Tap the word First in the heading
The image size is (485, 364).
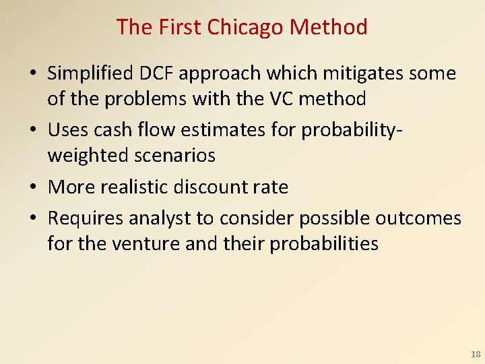click(180, 27)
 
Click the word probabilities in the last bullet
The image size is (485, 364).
click(324, 243)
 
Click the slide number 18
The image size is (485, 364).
click(474, 354)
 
